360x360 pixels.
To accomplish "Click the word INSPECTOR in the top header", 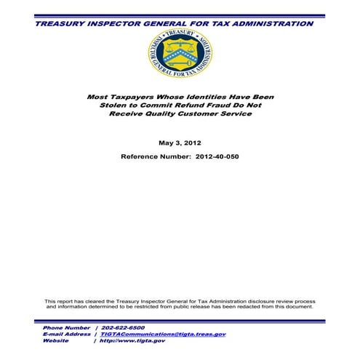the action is coord(116,23).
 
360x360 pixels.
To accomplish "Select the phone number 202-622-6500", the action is coord(125,328).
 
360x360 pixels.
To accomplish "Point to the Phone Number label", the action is coord(65,328).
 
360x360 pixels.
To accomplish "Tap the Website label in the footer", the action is coord(55,340).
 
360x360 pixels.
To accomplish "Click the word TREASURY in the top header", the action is coord(61,23).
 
